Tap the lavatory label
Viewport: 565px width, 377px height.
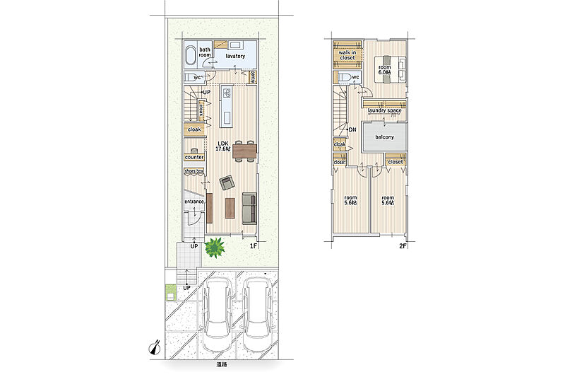[235, 57]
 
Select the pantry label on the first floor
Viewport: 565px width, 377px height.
[253, 76]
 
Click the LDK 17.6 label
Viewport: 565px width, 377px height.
[222, 146]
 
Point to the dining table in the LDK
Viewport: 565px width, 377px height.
[244, 151]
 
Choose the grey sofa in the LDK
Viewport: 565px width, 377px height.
[249, 208]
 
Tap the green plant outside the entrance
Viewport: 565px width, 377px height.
[215, 248]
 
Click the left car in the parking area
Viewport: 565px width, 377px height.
[217, 315]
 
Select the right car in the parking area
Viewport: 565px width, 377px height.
[257, 315]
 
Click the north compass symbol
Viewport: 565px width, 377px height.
[155, 347]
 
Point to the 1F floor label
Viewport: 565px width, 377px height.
[254, 246]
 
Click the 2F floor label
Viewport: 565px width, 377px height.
[403, 246]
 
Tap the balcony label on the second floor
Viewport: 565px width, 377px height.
[384, 137]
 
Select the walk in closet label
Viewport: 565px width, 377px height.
[347, 55]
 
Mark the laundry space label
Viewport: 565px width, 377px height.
[384, 110]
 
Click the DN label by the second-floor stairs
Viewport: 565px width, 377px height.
[352, 129]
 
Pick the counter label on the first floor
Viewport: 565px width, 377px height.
[194, 157]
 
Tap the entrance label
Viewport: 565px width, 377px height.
[194, 202]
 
